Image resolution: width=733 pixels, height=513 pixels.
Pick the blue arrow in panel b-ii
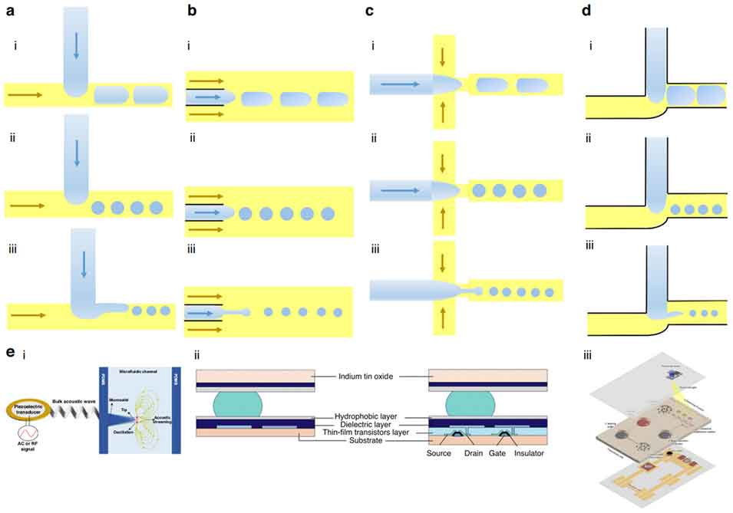(205, 211)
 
